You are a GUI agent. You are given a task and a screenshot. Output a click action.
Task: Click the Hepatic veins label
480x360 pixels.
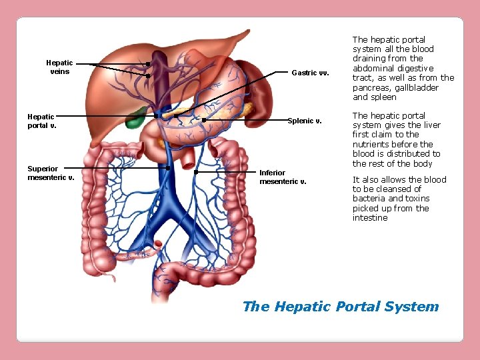[x=59, y=67]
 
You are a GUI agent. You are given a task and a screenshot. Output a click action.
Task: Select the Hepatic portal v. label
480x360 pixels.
[x=41, y=121]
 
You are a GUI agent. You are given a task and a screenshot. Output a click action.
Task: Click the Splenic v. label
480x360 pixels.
[x=305, y=121]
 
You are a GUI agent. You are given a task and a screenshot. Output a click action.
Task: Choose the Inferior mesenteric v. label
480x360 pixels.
[x=283, y=177]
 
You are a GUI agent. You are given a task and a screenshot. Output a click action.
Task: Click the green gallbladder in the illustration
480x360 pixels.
[x=137, y=118]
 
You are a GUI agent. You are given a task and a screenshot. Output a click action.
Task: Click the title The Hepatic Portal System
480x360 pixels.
[x=341, y=307]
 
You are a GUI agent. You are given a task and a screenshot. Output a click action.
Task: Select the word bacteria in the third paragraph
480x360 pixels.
[x=369, y=199]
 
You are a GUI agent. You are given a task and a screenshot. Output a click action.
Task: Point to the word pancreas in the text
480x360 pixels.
[x=371, y=87]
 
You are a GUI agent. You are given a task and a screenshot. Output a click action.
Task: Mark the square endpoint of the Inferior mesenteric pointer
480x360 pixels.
[x=196, y=171]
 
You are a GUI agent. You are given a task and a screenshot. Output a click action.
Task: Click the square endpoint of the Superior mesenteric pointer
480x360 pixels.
[x=167, y=168]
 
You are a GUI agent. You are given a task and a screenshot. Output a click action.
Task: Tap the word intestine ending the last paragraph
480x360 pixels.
[x=370, y=217]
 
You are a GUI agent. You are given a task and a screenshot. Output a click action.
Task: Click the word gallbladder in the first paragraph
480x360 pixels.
[x=415, y=87]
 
